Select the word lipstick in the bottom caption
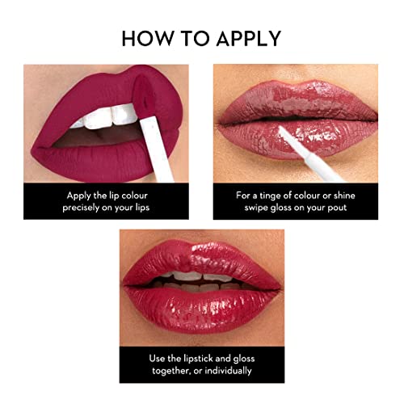pos(201,357)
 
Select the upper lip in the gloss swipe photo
pos(295,101)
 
